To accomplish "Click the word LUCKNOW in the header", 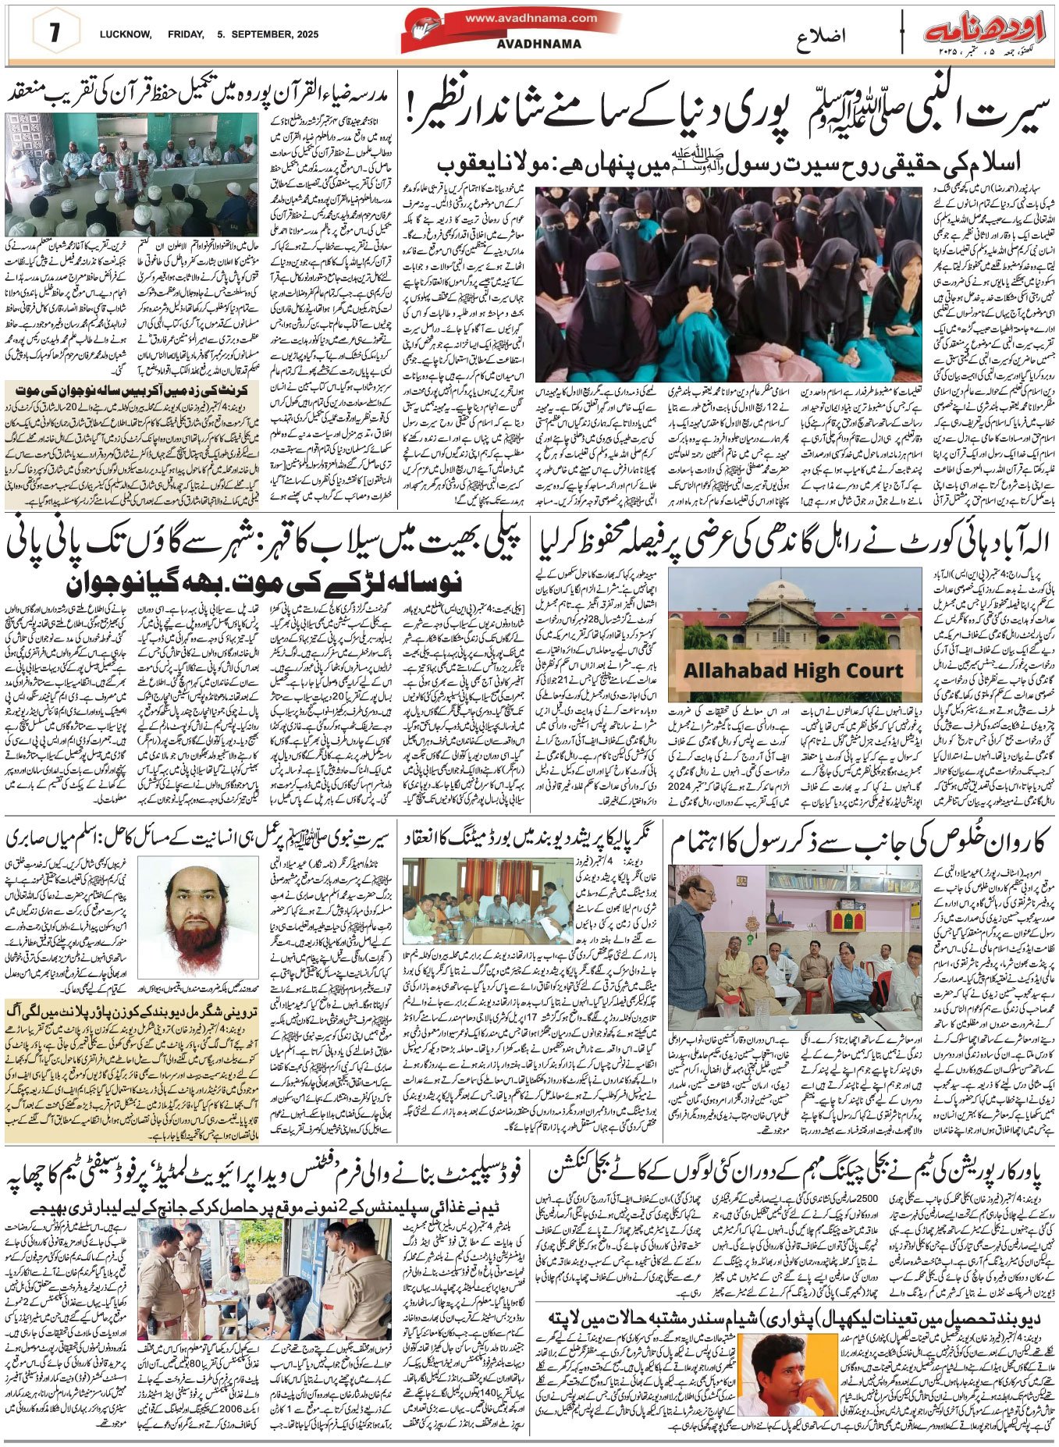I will [x=125, y=34].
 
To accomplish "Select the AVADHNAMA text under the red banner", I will [x=538, y=44].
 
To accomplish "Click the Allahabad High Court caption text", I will [x=793, y=670].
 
